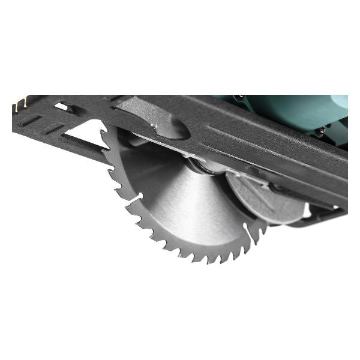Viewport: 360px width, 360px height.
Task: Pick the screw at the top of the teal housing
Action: (x=240, y=97)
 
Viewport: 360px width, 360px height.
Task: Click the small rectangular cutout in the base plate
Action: (x=60, y=107)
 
